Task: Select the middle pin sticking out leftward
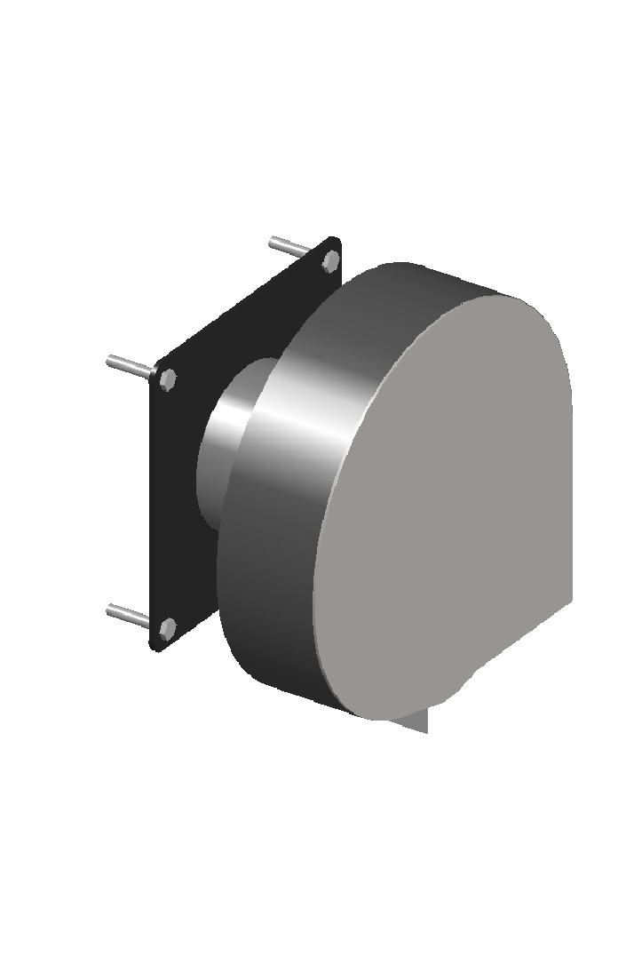pyautogui.click(x=130, y=364)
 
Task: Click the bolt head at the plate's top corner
pyautogui.click(x=330, y=260)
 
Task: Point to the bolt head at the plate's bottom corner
pyautogui.click(x=166, y=630)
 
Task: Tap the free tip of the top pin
pyautogui.click(x=273, y=241)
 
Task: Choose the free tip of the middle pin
pyautogui.click(x=111, y=361)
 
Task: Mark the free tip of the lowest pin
pyautogui.click(x=111, y=610)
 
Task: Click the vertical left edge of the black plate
pyautogui.click(x=154, y=506)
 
